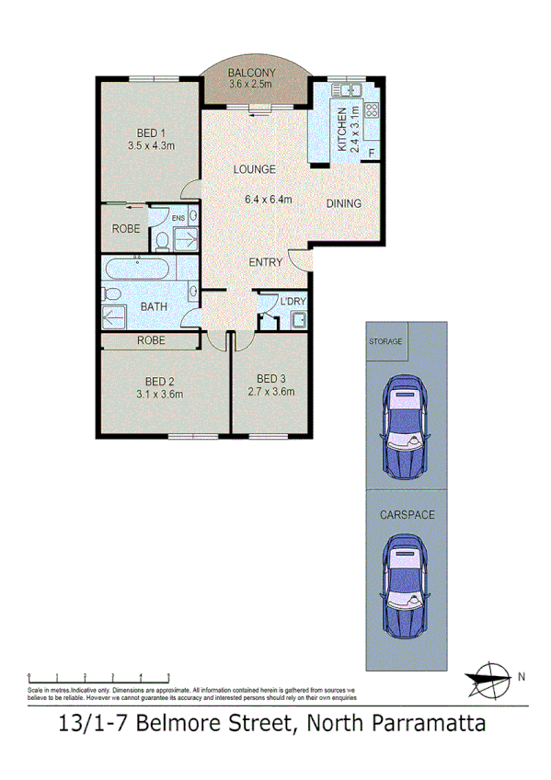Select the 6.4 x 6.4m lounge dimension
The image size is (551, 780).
click(x=268, y=199)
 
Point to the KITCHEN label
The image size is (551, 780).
click(x=341, y=129)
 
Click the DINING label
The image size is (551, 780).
click(x=344, y=203)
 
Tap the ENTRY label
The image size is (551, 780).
click(x=266, y=262)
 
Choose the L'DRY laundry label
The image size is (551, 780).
click(x=293, y=302)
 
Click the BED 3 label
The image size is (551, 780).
click(x=273, y=378)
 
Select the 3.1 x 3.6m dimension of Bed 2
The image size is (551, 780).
click(x=160, y=395)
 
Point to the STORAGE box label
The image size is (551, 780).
click(x=385, y=341)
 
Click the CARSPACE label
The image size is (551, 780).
click(x=407, y=515)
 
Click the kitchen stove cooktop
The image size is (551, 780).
click(x=372, y=110)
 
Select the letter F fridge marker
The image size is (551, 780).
click(x=372, y=151)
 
